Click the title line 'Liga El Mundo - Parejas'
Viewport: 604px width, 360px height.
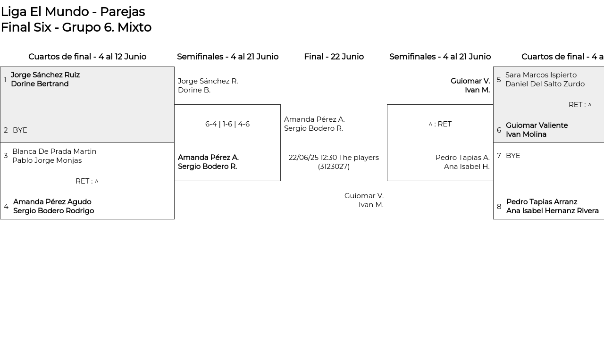coord(73,12)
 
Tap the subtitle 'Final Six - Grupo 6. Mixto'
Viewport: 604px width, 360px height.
coord(76,27)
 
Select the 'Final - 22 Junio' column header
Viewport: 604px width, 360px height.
coord(334,57)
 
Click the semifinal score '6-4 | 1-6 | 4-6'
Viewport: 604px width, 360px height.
coord(227,124)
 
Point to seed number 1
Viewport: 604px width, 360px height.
coord(5,80)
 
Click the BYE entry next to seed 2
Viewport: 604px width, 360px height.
coord(20,130)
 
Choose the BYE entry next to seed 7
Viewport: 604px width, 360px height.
coord(513,156)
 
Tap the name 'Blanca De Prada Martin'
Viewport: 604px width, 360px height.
coord(54,151)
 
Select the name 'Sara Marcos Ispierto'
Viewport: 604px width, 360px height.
coord(541,75)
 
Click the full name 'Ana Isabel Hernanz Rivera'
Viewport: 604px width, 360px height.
coord(553,211)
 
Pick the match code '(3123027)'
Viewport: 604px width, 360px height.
coord(334,167)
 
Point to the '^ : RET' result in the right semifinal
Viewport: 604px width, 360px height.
coord(440,124)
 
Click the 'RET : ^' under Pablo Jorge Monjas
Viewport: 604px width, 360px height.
coord(87,181)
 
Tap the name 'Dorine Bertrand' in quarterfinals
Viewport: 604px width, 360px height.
coord(40,84)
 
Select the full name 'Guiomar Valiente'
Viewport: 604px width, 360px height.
coord(537,126)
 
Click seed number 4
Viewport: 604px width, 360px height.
coord(6,207)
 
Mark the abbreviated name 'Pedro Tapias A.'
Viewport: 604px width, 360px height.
coord(462,158)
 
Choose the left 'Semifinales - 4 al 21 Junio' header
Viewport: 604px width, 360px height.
coord(227,57)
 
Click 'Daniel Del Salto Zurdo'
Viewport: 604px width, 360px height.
coord(545,84)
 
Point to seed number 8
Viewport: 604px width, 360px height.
coord(499,207)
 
